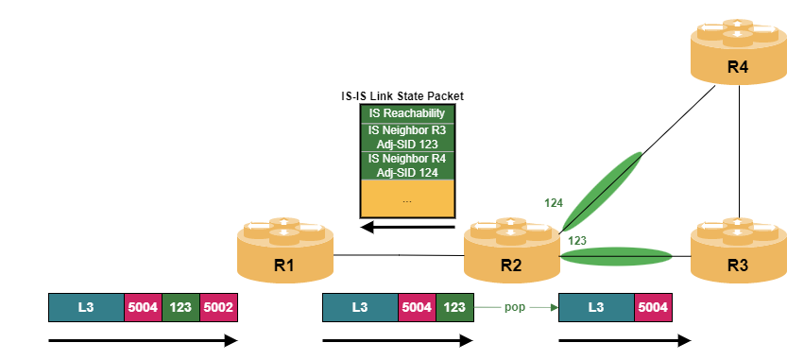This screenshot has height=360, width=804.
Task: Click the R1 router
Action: point(285,249)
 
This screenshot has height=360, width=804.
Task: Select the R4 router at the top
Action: point(739,51)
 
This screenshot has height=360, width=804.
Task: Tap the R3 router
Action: point(739,249)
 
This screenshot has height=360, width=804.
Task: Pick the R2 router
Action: point(511,249)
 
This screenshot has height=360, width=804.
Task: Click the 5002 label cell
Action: point(219,307)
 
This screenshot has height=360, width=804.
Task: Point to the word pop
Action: point(515,307)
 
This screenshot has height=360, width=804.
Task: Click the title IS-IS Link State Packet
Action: point(402,95)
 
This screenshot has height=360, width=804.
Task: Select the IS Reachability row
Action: point(407,113)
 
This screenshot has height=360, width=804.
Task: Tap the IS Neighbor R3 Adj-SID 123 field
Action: point(407,137)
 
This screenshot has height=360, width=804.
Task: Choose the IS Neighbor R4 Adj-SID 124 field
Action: point(407,165)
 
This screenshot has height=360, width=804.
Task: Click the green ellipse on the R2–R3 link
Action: point(616,256)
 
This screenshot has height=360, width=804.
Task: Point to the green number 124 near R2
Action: point(554,203)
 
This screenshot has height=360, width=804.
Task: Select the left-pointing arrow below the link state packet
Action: point(407,227)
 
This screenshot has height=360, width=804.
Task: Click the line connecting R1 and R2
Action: point(399,255)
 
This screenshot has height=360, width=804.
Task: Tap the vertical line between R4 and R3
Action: point(739,151)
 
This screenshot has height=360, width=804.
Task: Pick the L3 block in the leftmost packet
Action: point(86,307)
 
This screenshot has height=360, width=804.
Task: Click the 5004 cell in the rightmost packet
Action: point(653,307)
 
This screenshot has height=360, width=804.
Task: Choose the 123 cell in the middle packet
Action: point(454,307)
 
